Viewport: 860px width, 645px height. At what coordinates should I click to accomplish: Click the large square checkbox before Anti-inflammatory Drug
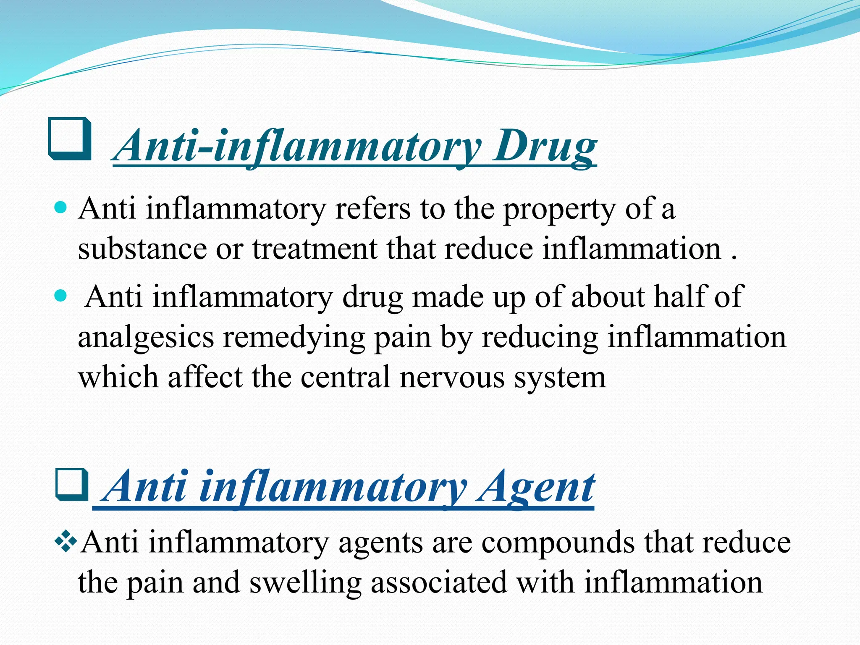click(70, 139)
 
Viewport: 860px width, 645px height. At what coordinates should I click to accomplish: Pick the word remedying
click(294, 338)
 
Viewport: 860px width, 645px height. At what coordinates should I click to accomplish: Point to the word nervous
click(452, 377)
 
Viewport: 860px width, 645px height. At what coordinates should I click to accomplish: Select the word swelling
click(305, 583)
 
